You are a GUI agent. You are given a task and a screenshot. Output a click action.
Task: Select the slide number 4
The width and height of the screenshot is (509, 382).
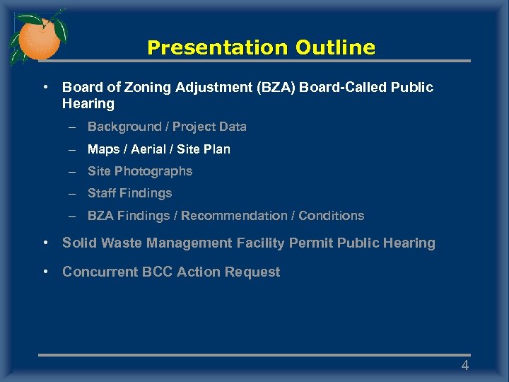pos(464,365)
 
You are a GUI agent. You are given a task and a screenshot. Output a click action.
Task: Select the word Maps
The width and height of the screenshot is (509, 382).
pos(103,149)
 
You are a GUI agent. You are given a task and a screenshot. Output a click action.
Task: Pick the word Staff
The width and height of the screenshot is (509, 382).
pos(102,193)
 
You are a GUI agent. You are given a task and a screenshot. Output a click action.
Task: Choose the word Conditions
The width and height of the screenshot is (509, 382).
pos(331,216)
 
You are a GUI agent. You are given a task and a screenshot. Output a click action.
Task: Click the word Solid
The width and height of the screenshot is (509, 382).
pos(80,243)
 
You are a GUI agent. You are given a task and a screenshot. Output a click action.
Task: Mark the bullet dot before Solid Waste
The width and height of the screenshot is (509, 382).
pos(45,243)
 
